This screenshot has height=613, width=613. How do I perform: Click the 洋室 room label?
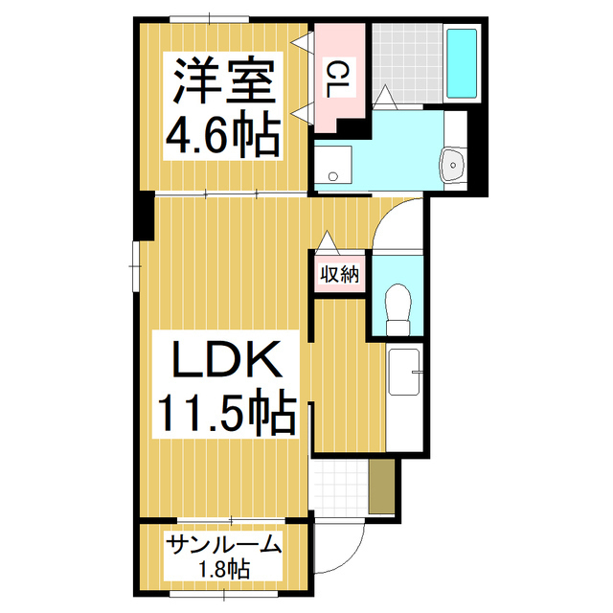(225, 82)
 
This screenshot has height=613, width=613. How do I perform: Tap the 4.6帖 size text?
(223, 135)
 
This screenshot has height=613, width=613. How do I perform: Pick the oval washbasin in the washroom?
(452, 166)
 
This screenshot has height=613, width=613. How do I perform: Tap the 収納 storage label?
(338, 275)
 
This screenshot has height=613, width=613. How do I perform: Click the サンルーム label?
(223, 546)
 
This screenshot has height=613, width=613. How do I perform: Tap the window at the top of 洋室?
(209, 18)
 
